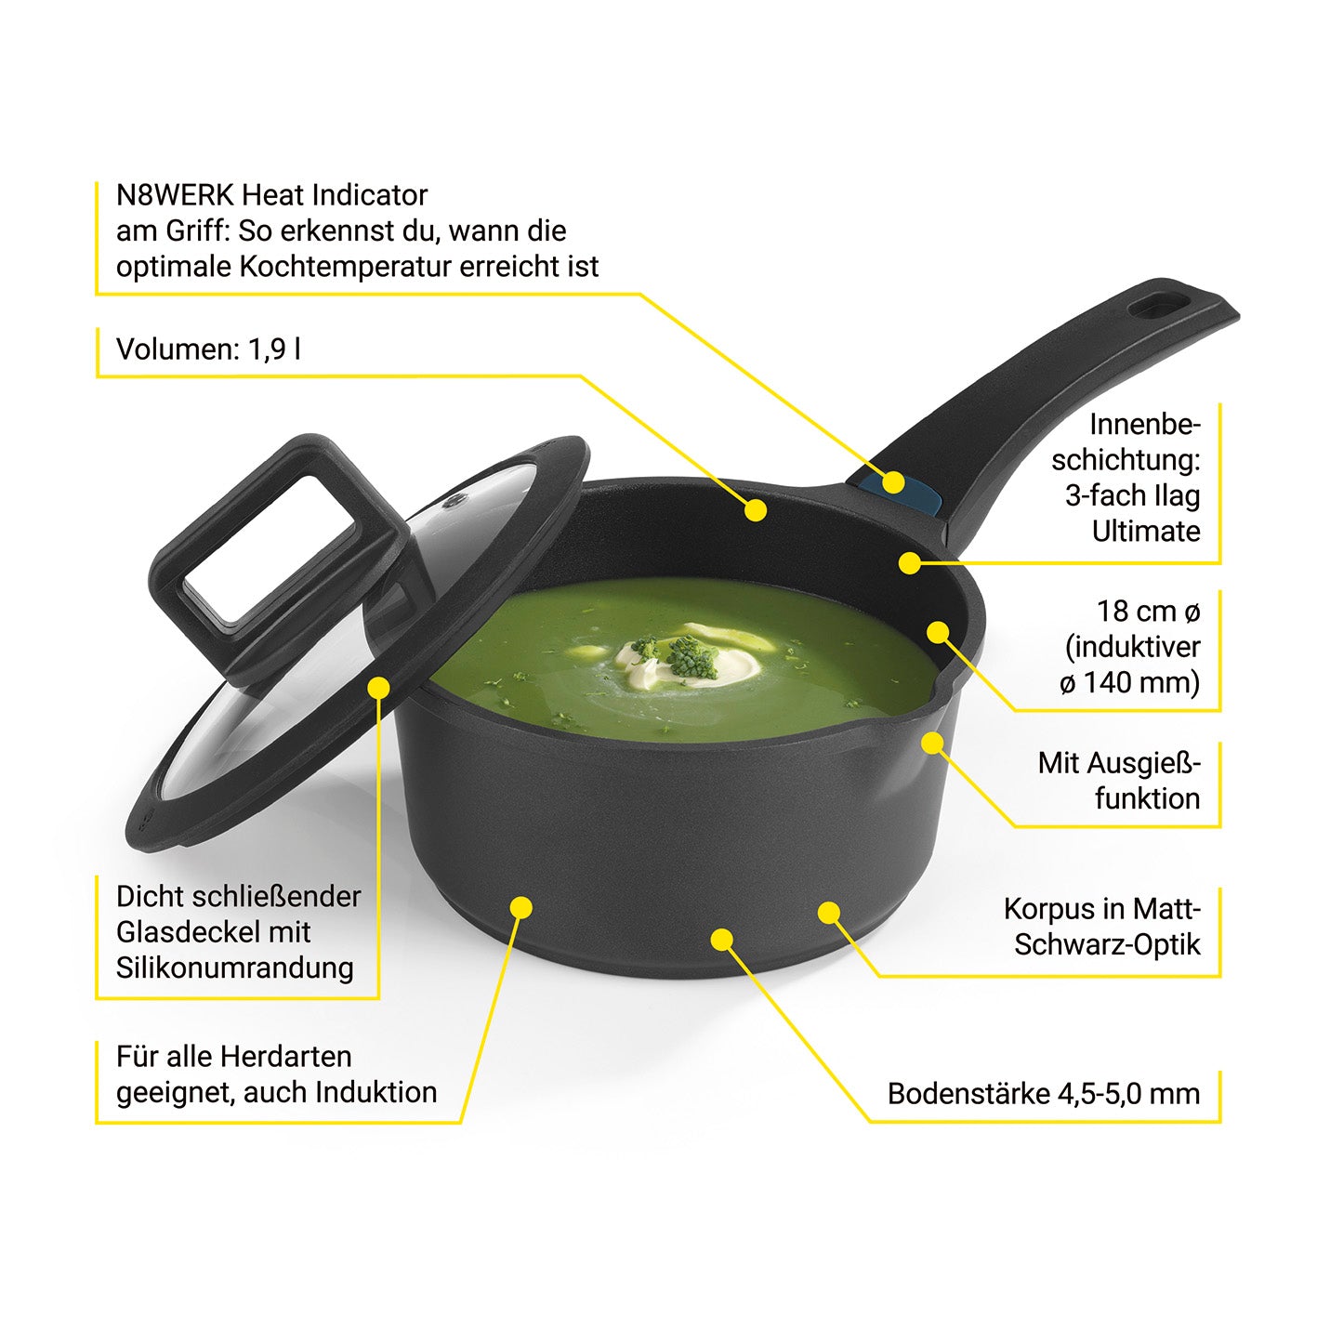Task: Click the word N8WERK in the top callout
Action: coord(176,195)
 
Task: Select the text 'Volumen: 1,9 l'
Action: coord(208,349)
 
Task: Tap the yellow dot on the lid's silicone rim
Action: coord(378,687)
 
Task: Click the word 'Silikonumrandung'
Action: coord(235,968)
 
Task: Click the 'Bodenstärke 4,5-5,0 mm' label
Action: coord(1044,1094)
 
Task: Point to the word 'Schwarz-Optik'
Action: coord(1107,944)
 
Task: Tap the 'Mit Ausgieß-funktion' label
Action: coord(1119,781)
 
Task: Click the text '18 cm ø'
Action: coord(1148,611)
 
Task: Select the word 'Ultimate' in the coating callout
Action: coord(1146,531)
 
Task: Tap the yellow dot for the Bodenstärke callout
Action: coord(722,939)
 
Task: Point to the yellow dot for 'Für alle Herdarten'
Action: coord(521,907)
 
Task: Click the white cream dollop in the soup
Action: coord(691,660)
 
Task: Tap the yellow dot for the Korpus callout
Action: coord(829,912)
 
